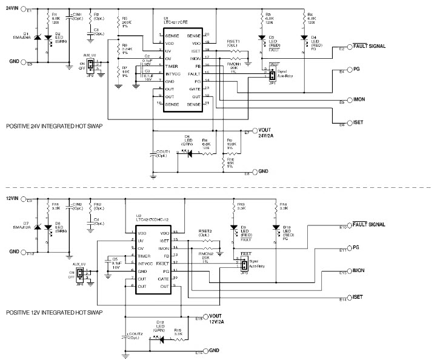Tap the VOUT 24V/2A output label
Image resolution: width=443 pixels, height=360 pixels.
(x=265, y=133)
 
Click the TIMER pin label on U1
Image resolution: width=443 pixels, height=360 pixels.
(x=172, y=64)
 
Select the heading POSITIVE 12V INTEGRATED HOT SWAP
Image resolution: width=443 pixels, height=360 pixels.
(x=53, y=312)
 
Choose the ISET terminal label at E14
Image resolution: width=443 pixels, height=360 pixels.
(x=358, y=297)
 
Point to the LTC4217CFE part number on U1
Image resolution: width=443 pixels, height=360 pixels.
(x=175, y=23)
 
